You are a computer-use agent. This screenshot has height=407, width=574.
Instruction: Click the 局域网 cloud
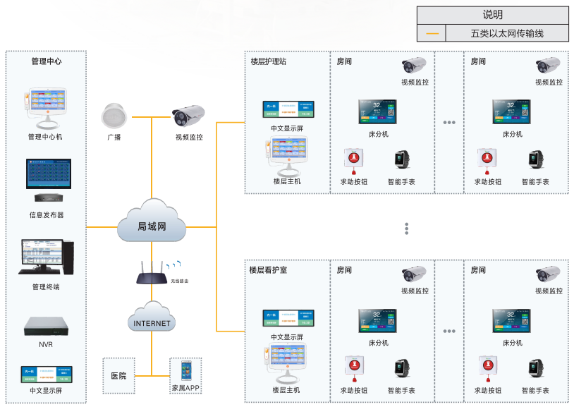click(152, 225)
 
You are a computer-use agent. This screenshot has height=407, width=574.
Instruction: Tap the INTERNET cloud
click(152, 322)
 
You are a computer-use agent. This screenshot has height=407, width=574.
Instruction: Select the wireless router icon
click(152, 271)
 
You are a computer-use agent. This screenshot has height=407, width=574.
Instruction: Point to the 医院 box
click(118, 375)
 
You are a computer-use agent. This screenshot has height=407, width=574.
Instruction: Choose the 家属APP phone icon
click(185, 371)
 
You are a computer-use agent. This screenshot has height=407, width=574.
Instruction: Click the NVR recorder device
click(45, 326)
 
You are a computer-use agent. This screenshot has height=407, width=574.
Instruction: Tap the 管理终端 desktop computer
click(45, 257)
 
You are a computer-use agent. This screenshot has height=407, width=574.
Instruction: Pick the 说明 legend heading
click(492, 15)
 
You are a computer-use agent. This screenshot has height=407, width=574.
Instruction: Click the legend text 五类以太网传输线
click(507, 33)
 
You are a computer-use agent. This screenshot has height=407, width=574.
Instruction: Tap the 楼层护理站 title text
click(269, 61)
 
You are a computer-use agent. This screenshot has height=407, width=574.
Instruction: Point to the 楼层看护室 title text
click(268, 269)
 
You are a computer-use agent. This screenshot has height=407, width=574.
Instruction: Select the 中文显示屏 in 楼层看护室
click(288, 317)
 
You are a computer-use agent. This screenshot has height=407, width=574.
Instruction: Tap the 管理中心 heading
click(46, 61)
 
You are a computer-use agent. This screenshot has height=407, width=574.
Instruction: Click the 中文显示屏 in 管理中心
click(46, 374)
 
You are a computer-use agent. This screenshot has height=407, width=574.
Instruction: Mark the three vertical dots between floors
click(407, 229)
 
